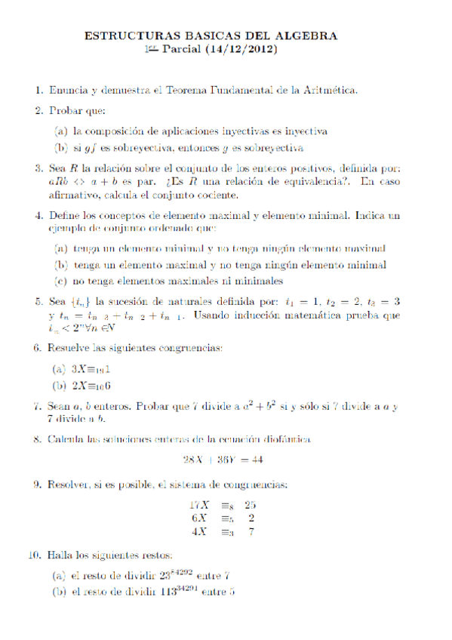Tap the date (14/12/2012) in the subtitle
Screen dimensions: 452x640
(244, 50)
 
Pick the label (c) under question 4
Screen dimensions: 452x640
(59, 282)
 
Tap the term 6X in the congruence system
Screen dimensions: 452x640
(199, 518)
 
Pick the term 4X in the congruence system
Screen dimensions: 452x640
(199, 531)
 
